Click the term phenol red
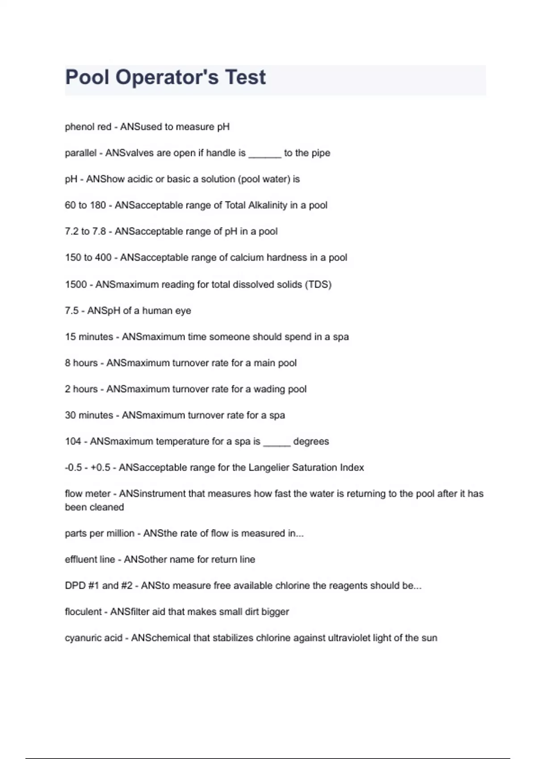point(88,127)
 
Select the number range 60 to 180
point(85,205)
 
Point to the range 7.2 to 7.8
point(85,232)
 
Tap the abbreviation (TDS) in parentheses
point(318,284)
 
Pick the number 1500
point(75,284)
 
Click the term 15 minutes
point(89,337)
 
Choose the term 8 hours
point(81,363)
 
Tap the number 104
point(73,442)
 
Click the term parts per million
point(99,534)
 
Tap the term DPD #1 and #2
point(98,586)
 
